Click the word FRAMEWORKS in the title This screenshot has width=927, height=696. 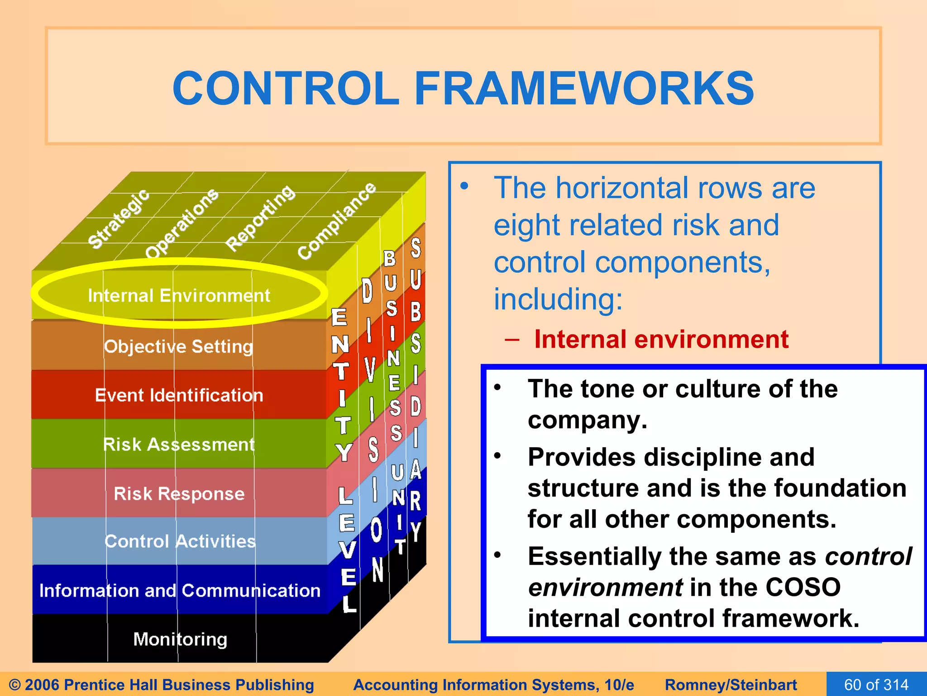tap(584, 88)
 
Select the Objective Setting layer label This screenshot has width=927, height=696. tap(178, 347)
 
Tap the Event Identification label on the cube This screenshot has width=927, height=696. tap(179, 395)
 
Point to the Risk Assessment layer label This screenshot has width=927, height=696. tap(179, 445)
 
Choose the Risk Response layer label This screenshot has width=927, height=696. tap(179, 493)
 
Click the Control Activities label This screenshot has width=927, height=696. tap(180, 541)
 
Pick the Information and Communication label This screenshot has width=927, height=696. tap(180, 590)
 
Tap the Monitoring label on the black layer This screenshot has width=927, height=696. tap(180, 639)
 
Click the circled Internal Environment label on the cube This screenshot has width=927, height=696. tap(179, 295)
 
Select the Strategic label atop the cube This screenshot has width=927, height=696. tap(118, 219)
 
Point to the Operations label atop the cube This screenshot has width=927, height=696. tap(182, 223)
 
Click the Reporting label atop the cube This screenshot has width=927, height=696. tap(260, 218)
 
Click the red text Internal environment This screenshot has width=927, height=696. tap(661, 339)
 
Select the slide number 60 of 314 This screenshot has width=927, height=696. tap(876, 684)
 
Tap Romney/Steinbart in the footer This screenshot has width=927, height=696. tap(731, 685)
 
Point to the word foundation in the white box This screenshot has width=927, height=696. tap(840, 488)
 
